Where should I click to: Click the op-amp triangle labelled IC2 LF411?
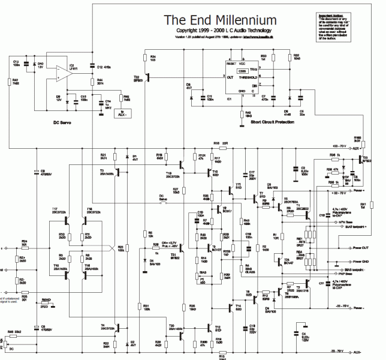pos(60,72)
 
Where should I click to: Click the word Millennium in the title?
pos(247,20)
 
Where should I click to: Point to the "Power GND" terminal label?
pos(362,262)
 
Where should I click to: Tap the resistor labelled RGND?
pos(44,305)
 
